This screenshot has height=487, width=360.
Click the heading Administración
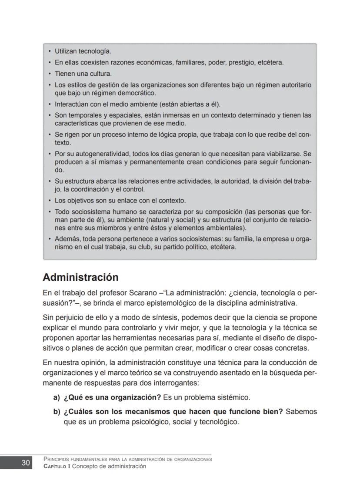pyautogui.click(x=80, y=277)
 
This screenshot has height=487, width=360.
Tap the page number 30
pyautogui.click(x=26, y=463)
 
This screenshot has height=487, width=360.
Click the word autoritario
pyautogui.click(x=294, y=85)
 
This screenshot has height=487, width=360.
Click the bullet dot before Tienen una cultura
pyautogui.click(x=50, y=74)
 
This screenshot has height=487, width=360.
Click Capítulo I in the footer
pyautogui.click(x=57, y=466)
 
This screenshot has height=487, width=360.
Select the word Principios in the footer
pyautogui.click(x=59, y=459)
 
